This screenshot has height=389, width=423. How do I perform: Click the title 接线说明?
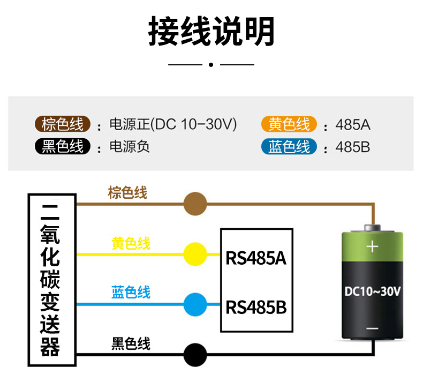[211, 32]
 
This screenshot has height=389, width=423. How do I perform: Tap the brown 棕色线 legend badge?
[63, 125]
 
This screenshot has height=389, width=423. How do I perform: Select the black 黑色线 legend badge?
[63, 146]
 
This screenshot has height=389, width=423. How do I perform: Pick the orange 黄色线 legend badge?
[290, 125]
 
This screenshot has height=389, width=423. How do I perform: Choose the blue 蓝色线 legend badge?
[290, 146]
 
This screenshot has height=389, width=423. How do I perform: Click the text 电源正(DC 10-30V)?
[172, 125]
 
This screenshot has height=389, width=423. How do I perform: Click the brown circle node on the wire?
[195, 204]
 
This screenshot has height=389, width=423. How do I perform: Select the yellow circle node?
[195, 254]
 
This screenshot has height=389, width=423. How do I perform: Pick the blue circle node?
[195, 304]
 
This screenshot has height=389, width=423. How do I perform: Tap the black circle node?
[195, 354]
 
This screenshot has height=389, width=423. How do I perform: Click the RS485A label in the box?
[256, 258]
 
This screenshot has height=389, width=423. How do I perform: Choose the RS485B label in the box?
[256, 308]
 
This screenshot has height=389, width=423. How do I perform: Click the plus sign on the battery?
[372, 247]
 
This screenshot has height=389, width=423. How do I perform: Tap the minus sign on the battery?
[372, 328]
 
